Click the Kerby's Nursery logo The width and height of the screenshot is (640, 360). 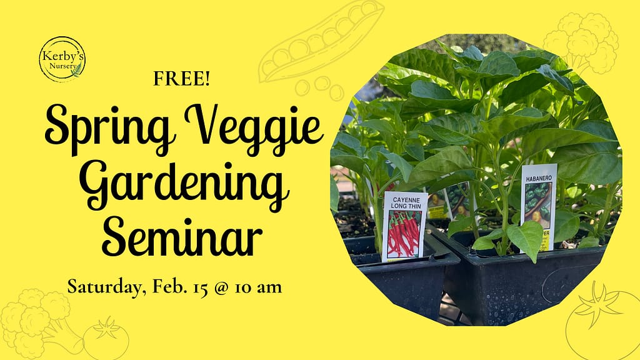click(x=62, y=59)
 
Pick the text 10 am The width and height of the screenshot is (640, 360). click(x=259, y=287)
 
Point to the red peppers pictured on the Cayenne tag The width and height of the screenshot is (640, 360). click(x=404, y=234)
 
